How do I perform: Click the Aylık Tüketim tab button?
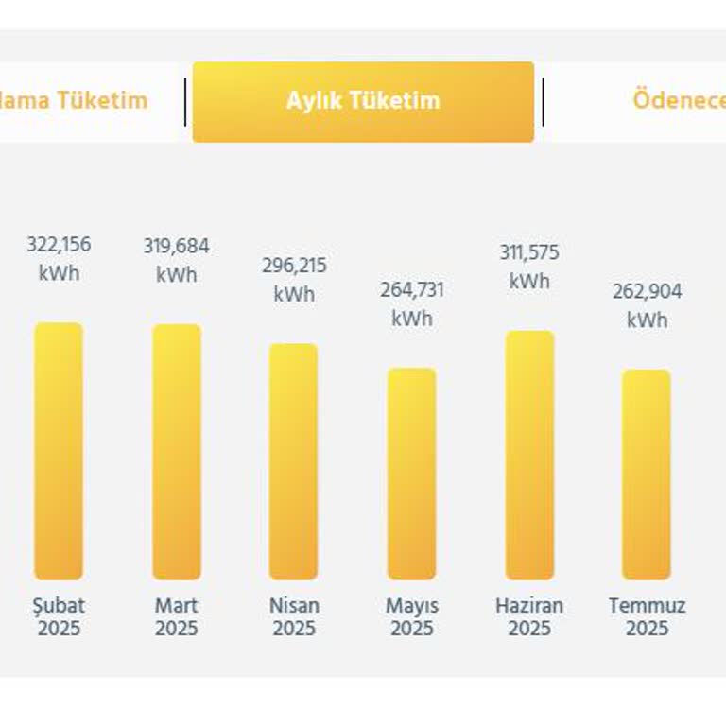point(363,101)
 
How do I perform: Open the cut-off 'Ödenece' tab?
point(678,101)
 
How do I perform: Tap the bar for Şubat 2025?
point(59,451)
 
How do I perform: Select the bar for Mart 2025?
point(177,452)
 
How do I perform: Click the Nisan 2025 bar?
point(293,461)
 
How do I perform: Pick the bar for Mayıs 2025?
point(411,474)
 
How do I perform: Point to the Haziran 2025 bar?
point(529,455)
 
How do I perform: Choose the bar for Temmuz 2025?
point(647,475)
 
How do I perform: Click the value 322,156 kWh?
point(59,258)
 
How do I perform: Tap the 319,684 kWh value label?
point(177,260)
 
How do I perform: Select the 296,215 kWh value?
point(294,279)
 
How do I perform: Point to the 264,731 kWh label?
point(412,303)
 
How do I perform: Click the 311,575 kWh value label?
point(529,267)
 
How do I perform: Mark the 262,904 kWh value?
point(647,305)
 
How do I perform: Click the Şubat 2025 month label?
point(59,616)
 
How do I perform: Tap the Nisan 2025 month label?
point(294,616)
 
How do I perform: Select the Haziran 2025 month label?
point(529,616)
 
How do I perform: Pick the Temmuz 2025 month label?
point(647,616)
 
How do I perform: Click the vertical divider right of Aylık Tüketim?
point(543,102)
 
